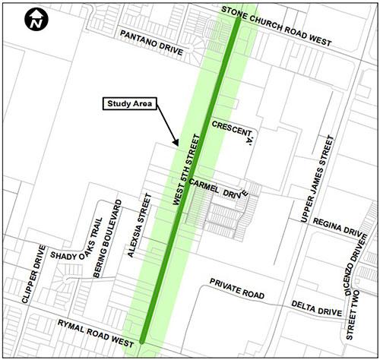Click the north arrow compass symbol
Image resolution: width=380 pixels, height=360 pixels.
[x=34, y=21]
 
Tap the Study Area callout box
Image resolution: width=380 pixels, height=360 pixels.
[x=129, y=104]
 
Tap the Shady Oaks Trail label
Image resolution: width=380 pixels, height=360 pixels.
[x=75, y=242]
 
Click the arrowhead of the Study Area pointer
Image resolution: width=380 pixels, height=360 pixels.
[x=176, y=144]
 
